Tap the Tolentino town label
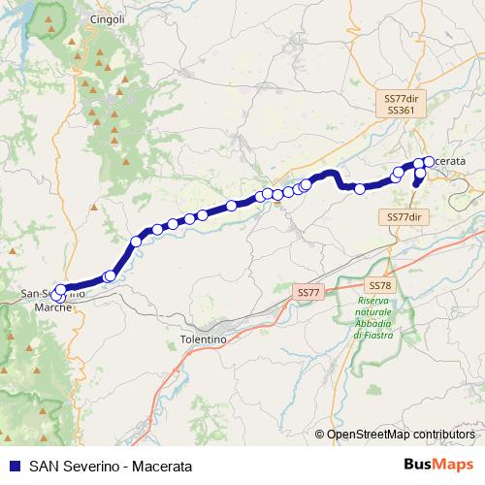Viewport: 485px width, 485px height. pyautogui.click(x=203, y=340)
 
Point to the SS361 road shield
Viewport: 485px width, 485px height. pyautogui.click(x=400, y=111)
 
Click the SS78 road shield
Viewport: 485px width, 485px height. pyautogui.click(x=379, y=285)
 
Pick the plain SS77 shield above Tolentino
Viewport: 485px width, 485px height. pyautogui.click(x=307, y=292)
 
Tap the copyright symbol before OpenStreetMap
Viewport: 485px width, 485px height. pyautogui.click(x=320, y=435)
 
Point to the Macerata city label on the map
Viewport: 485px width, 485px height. pyautogui.click(x=447, y=160)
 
